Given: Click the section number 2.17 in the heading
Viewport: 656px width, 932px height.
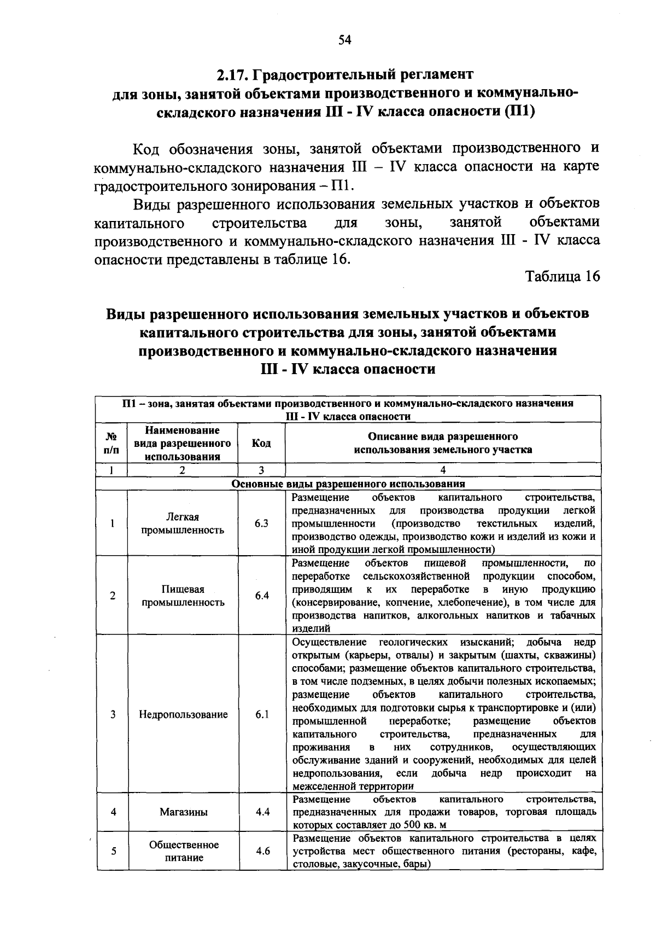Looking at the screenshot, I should [x=234, y=74].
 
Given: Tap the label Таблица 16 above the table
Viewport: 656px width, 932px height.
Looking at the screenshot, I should [x=563, y=276].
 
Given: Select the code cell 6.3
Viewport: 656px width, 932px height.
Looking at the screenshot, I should [x=261, y=523].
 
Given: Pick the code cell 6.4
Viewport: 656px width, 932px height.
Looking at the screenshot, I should [x=261, y=596].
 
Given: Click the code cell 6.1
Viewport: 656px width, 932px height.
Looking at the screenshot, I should [x=261, y=714].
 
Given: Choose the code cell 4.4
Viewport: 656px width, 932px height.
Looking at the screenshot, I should [x=262, y=812].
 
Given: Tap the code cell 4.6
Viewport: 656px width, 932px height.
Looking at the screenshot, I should [x=262, y=851].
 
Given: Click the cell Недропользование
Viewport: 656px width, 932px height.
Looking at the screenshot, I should [x=183, y=714].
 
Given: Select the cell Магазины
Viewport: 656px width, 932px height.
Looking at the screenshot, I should [x=183, y=812].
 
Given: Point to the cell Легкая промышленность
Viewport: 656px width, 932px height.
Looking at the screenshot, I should [x=183, y=523].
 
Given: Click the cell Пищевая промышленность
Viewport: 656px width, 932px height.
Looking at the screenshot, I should [x=183, y=596].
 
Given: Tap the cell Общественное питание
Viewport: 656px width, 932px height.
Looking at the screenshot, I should [x=184, y=851].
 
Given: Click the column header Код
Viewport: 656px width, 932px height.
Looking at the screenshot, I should [x=261, y=443].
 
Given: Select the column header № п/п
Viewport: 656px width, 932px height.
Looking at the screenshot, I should [x=112, y=443].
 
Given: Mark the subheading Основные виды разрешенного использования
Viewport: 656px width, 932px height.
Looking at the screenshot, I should [x=348, y=484].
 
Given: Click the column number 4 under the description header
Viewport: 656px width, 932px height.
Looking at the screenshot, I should [x=443, y=470].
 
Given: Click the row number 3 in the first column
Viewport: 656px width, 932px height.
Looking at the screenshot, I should [x=113, y=714].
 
